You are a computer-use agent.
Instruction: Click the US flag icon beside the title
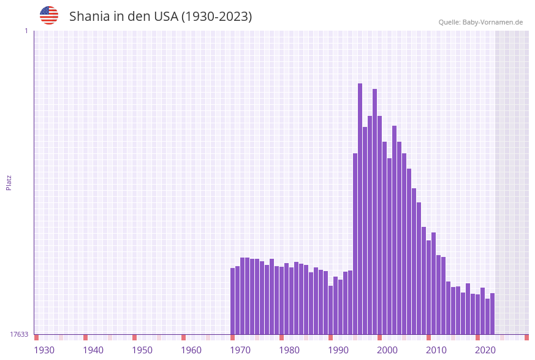49,15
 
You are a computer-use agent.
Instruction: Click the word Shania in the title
88,17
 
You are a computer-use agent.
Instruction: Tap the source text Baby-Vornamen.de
493,22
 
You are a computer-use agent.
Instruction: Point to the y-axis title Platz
9,183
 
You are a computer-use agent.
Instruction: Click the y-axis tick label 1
26,31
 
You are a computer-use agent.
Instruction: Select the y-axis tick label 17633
19,334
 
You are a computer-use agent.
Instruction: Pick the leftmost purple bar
233,301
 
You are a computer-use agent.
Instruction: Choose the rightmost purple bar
492,313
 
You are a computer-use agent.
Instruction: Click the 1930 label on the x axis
44,350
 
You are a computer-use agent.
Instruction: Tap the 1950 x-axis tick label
142,350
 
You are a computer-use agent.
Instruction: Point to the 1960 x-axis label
191,350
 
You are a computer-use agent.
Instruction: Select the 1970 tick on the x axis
240,350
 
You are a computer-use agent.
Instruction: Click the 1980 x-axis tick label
289,350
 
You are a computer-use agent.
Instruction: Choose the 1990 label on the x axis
338,350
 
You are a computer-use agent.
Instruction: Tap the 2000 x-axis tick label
387,350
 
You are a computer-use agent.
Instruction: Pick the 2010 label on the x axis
436,350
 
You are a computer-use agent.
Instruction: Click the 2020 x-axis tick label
485,350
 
